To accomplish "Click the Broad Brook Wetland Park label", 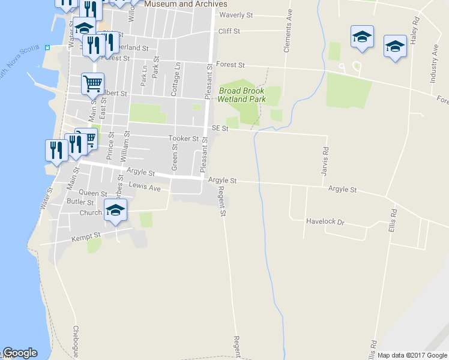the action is tap(242, 95).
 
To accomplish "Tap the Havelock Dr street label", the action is tap(325, 222).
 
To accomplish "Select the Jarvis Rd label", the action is tap(325, 158).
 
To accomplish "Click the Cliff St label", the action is tap(229, 31).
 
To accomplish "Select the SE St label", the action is tap(220, 128).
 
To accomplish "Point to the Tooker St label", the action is tap(183, 139).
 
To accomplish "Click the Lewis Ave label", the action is tap(145, 188).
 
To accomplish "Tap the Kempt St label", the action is tap(84, 238).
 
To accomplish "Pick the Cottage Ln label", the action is tap(175, 79).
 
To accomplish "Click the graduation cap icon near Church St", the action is tap(115, 210).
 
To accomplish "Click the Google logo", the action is tap(20, 353).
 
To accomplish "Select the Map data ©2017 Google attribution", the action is tap(412, 355).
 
